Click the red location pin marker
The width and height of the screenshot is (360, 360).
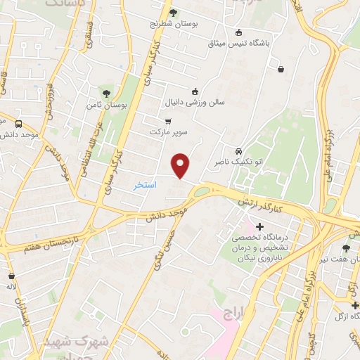181,166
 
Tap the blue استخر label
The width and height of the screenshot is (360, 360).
145,184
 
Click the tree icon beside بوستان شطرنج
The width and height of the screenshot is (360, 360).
174,12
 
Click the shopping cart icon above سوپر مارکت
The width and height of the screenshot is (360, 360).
167,120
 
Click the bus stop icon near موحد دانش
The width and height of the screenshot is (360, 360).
18,124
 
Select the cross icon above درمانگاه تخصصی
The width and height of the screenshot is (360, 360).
259,226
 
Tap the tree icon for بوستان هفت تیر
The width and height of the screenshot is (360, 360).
345,248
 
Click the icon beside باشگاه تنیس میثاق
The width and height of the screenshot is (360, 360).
238,32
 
